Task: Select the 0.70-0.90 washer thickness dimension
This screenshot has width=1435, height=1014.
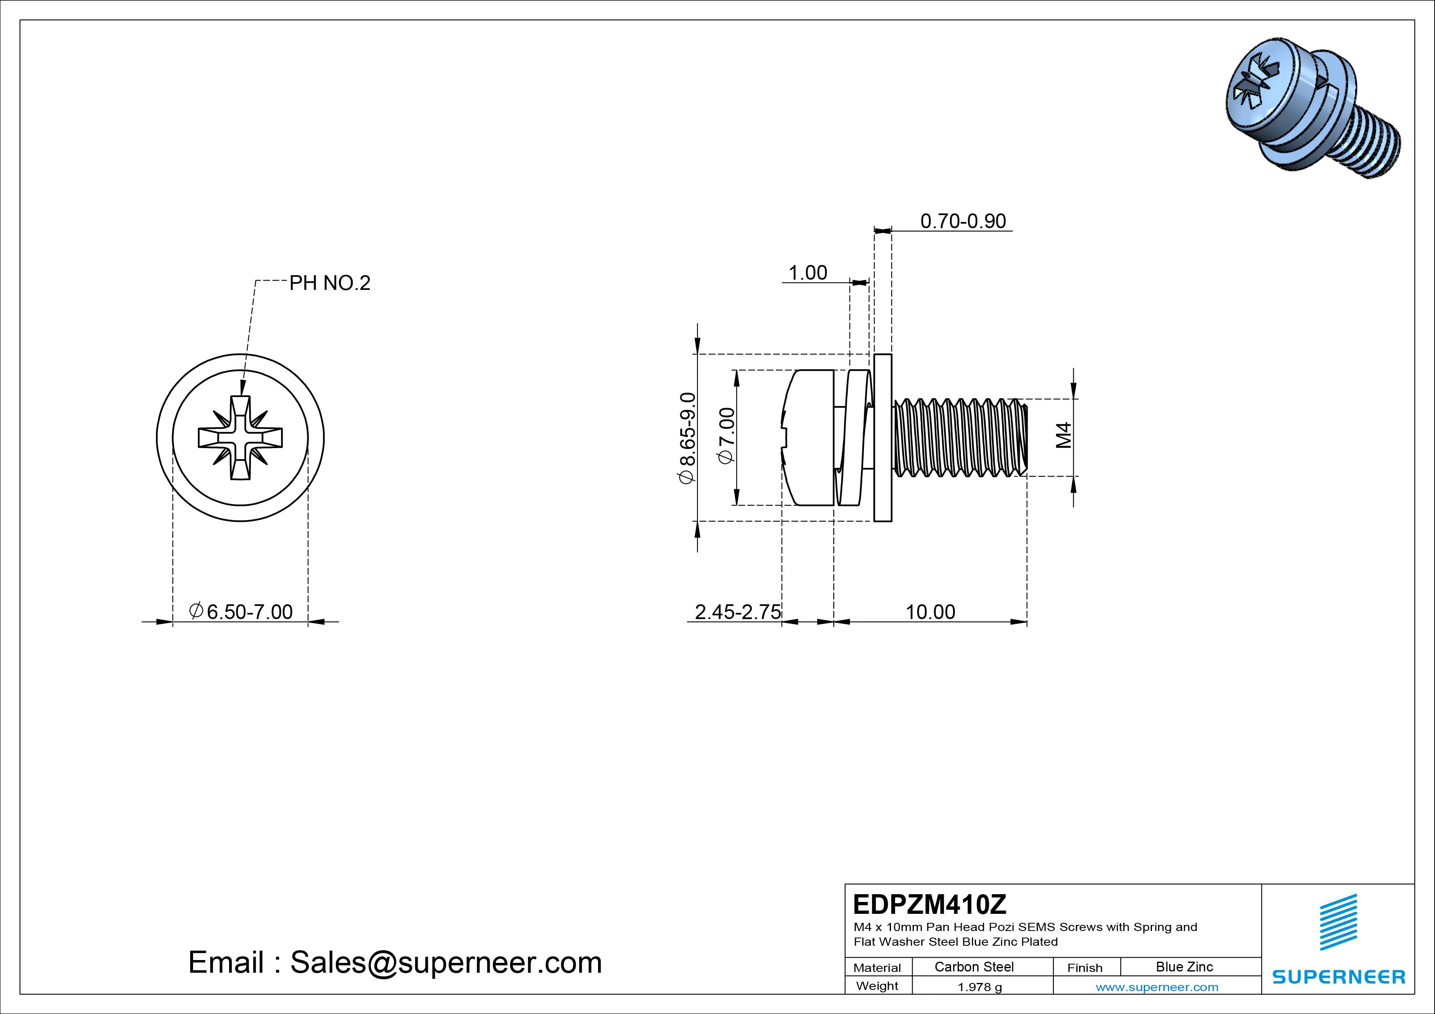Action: pos(963,221)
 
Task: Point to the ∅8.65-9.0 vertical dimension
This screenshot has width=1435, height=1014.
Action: pos(687,438)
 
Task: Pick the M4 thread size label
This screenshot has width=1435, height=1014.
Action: pos(1064,435)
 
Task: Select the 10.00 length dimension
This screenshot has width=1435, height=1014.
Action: pos(930,612)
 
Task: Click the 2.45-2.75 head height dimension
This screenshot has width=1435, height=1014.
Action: pos(738,612)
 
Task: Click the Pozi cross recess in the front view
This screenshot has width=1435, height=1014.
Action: pos(240,437)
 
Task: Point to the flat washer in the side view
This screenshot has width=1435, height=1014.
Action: pos(882,437)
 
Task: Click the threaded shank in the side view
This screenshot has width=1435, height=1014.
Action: pos(959,437)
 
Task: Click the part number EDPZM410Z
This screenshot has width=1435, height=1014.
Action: pos(929,904)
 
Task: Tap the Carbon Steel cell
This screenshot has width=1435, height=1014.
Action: pos(974,967)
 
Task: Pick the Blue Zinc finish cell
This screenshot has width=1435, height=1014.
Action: pos(1184,967)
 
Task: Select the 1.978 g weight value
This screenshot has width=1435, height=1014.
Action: pos(979,987)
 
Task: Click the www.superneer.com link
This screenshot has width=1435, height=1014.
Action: pos(1156,987)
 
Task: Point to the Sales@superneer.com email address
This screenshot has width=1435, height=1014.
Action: pos(445,962)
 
